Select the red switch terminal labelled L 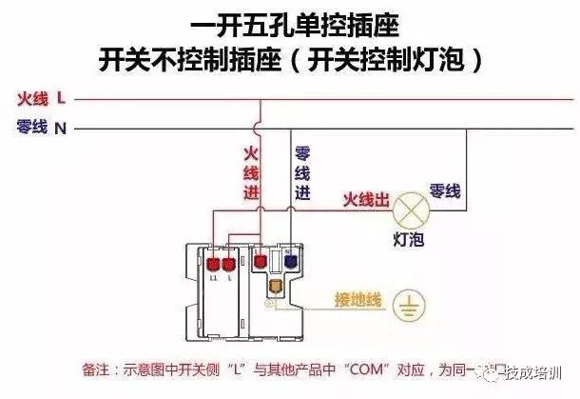point(230,264)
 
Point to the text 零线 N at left point(41,127)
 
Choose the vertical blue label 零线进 point(302,171)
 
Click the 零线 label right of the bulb point(445,189)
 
